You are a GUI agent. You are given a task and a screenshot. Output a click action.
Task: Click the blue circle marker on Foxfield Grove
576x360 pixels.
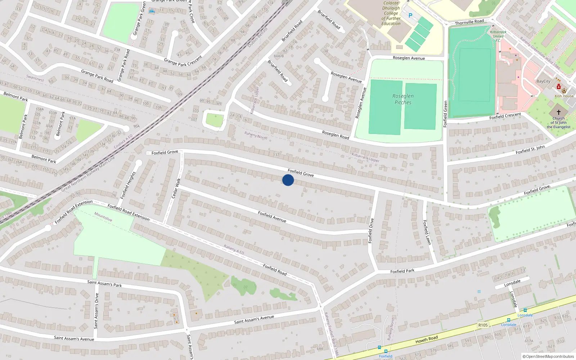[288, 180]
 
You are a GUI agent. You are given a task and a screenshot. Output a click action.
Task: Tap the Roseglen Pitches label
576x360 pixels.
[403, 99]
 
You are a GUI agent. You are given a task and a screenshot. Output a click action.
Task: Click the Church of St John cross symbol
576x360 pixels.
[559, 112]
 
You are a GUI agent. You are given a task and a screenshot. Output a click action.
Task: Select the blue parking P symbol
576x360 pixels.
[410, 15]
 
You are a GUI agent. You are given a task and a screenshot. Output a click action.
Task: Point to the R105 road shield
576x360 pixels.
[483, 325]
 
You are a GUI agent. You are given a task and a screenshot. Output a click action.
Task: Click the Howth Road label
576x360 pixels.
[427, 339]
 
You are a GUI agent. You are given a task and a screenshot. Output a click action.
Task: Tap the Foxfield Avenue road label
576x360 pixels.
[272, 217]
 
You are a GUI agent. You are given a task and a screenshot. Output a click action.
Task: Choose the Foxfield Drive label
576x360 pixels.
[371, 230]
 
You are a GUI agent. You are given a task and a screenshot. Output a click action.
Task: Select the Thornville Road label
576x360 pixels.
[469, 22]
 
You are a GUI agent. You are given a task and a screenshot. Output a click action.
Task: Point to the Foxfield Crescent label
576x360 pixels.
[505, 116]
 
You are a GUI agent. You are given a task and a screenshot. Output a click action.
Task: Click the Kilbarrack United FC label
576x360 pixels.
[498, 36]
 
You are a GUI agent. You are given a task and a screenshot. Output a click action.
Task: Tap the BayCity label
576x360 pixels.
[543, 81]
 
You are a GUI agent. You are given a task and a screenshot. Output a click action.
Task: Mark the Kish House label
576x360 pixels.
[564, 96]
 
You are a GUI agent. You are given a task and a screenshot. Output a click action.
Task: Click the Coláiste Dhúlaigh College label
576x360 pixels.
[391, 13]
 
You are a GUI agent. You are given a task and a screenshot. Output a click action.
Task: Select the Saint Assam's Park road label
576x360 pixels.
[104, 284]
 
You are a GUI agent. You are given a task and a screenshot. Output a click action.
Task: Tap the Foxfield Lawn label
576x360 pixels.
[427, 233]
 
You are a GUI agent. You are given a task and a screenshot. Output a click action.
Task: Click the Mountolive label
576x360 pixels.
[103, 217]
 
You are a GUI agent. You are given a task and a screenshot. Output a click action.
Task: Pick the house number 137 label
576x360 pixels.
[276, 155]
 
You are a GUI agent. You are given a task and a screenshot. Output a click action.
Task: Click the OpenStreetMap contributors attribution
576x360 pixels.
[548, 356]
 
